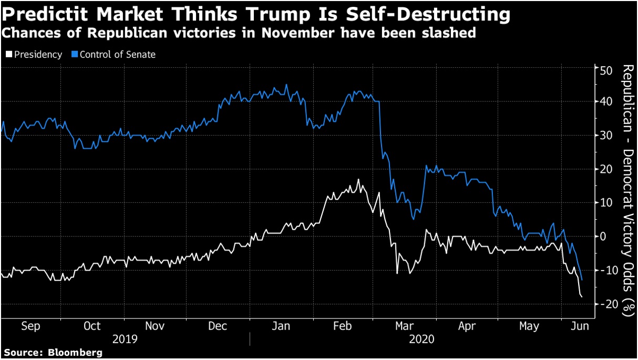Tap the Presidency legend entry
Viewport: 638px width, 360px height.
click(x=34, y=54)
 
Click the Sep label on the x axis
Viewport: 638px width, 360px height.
click(x=30, y=326)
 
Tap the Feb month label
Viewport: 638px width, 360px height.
click(x=342, y=326)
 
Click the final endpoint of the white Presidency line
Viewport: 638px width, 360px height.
click(x=582, y=297)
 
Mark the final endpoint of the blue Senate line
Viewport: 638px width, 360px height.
click(x=582, y=280)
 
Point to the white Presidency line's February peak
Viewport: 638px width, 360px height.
click(x=358, y=180)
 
